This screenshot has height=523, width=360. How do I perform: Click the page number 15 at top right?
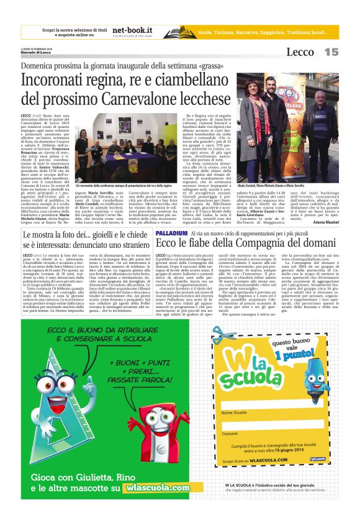tap(331, 52)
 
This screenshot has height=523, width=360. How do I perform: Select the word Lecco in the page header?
tap(300, 53)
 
